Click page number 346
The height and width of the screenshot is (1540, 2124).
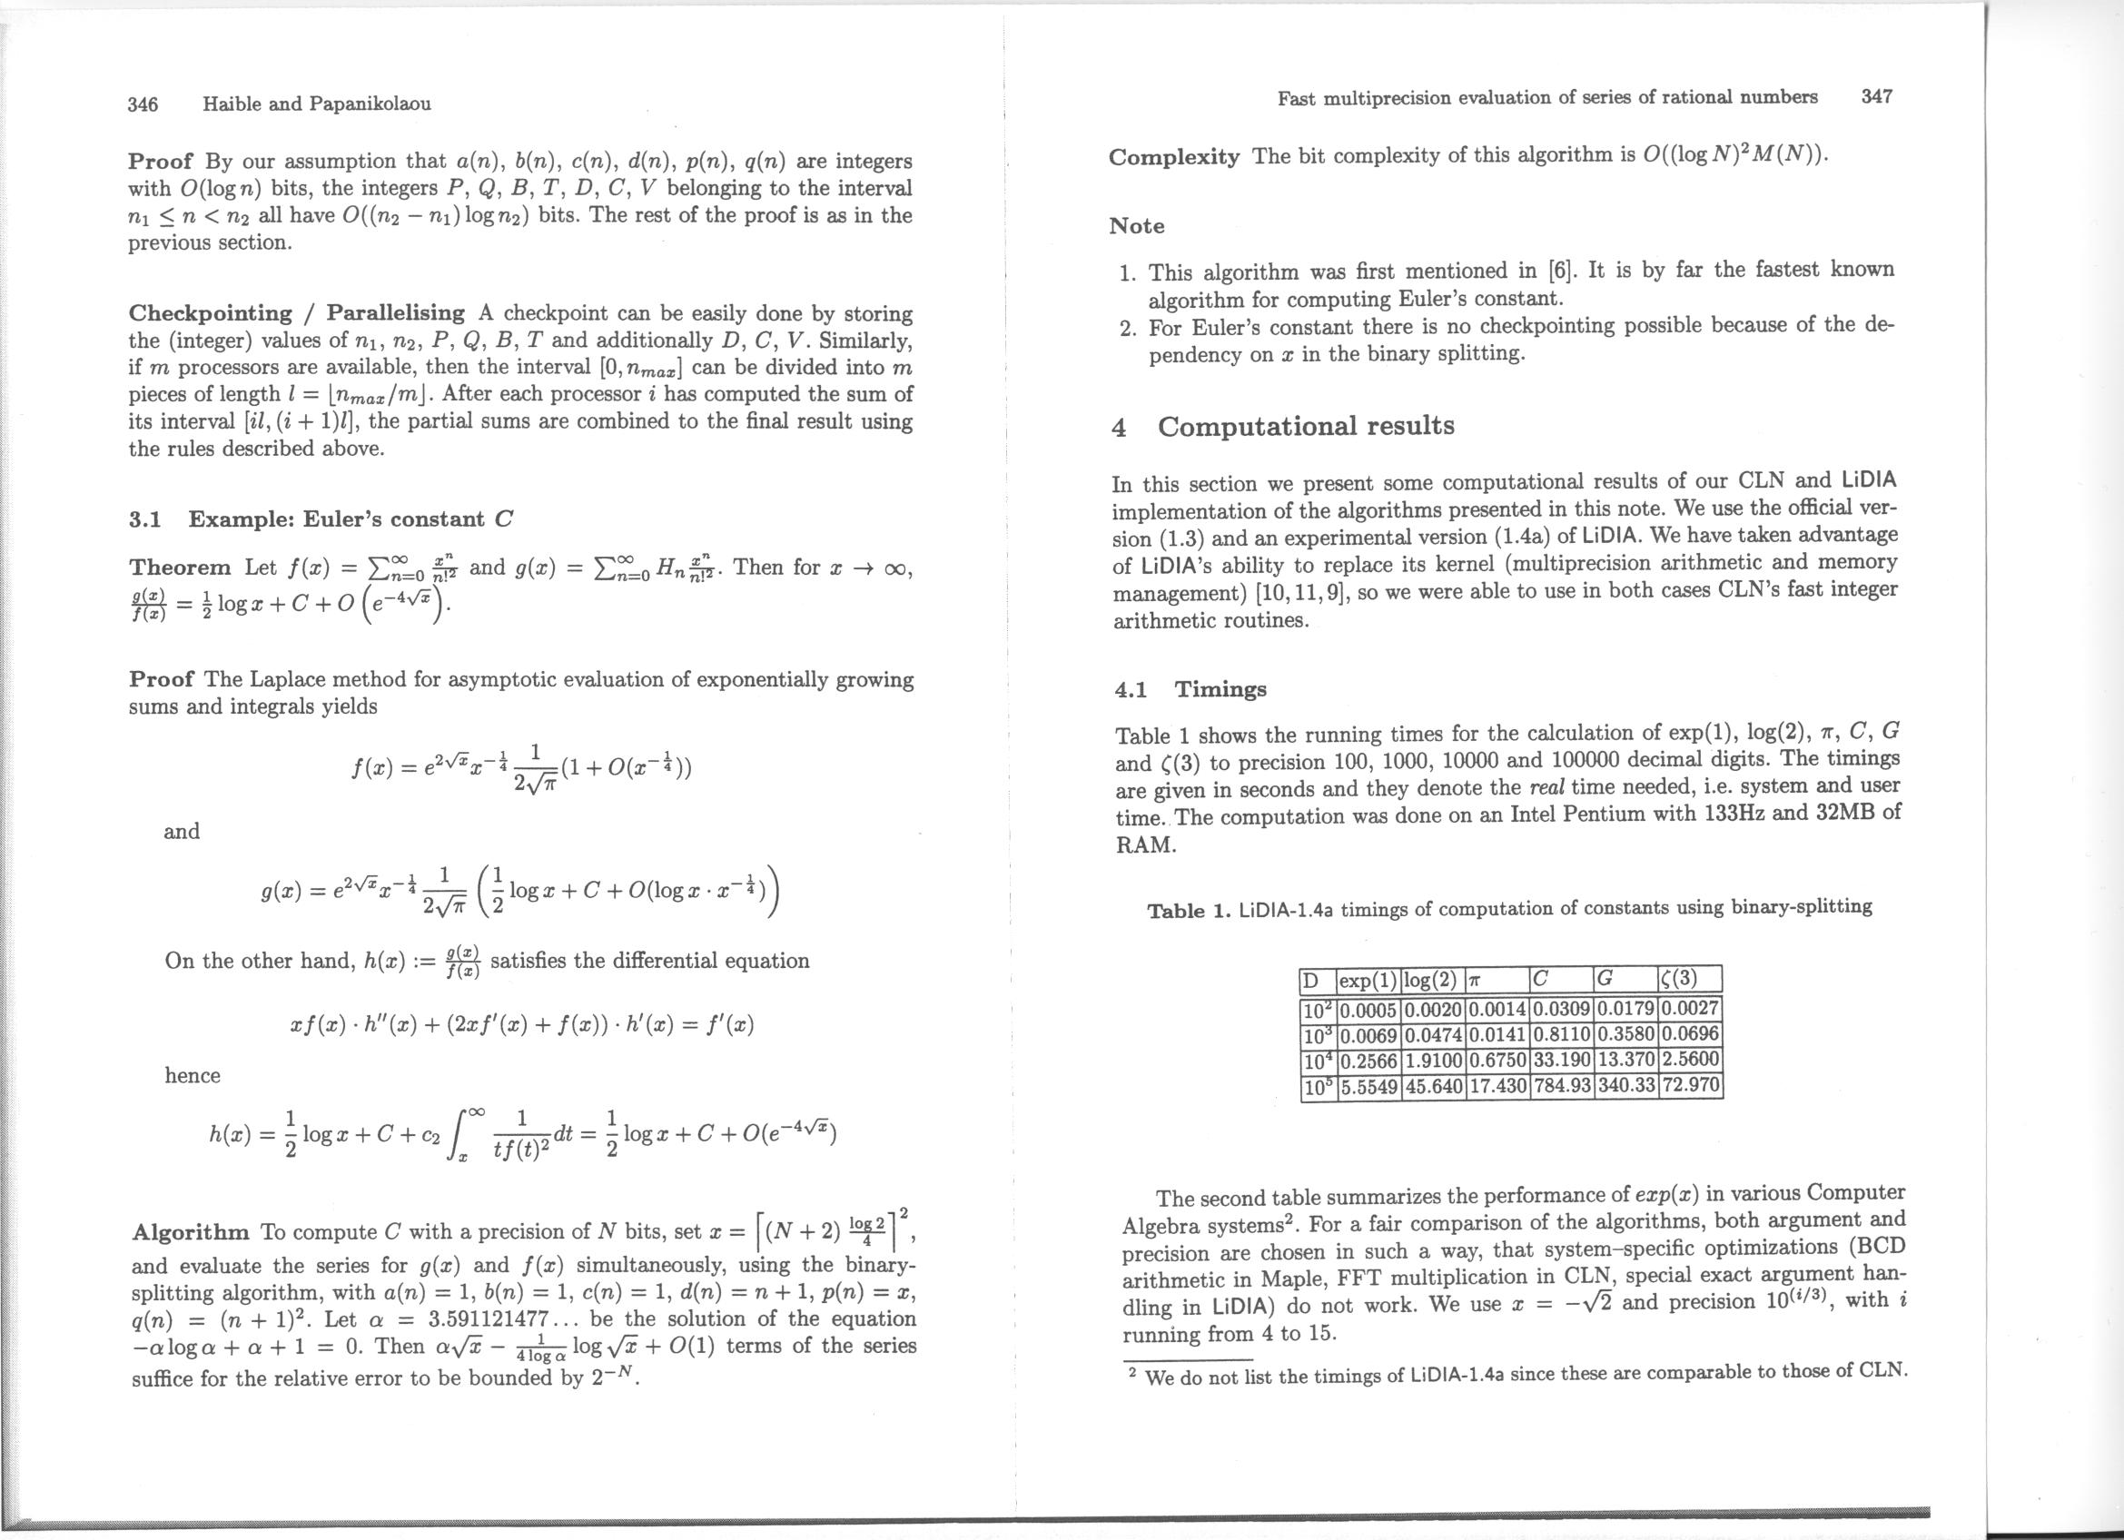(x=143, y=104)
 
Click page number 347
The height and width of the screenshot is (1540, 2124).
(x=1877, y=96)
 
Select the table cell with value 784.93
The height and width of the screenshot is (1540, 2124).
(x=1560, y=1087)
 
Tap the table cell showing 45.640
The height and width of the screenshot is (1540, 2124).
(x=1434, y=1087)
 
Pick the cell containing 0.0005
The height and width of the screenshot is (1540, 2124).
(x=1369, y=1011)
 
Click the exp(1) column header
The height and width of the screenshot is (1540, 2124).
(x=1368, y=981)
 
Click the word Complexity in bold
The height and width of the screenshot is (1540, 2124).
(x=1173, y=156)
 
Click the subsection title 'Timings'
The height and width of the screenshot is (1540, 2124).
(x=1220, y=690)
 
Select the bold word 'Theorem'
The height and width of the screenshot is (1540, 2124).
(x=180, y=568)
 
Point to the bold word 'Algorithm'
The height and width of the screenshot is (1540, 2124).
(x=191, y=1232)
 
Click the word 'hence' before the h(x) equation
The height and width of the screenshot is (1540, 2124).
(x=193, y=1076)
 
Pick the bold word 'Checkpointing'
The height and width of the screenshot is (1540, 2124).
(x=211, y=312)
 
